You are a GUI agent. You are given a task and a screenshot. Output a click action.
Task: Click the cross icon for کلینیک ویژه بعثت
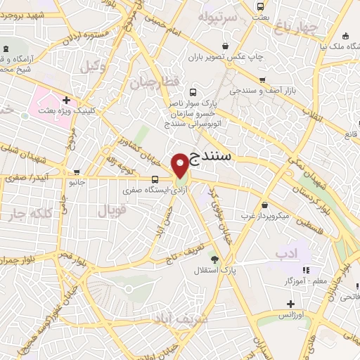tap(67, 100)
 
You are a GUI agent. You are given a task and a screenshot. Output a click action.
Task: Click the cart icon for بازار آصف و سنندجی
tap(262, 79)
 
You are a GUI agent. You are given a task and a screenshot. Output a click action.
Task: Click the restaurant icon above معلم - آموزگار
tap(305, 270)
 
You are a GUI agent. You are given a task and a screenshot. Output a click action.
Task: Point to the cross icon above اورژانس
tap(290, 304)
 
